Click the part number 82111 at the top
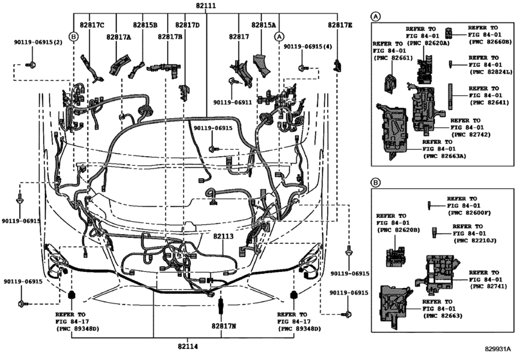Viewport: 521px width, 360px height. tap(206, 5)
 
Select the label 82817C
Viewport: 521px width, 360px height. tap(92, 25)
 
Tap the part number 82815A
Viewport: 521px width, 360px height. tap(263, 25)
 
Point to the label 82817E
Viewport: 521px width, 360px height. tap(340, 25)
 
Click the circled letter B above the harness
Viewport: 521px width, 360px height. tap(73, 36)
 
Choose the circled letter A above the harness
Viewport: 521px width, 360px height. tap(279, 36)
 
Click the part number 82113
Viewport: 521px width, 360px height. tap(224, 237)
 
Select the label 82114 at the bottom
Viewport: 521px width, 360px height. tap(188, 346)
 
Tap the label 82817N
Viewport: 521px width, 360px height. tap(224, 326)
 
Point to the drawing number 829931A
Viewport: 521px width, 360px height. tap(497, 349)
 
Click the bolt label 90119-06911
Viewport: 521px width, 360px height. tap(233, 103)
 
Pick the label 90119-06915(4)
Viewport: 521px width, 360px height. tap(308, 47)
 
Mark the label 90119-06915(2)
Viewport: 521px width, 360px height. tap(38, 42)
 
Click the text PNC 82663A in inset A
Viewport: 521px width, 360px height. tap(445, 156)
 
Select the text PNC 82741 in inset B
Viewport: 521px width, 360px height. tap(488, 286)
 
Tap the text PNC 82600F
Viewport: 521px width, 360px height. tap(469, 213)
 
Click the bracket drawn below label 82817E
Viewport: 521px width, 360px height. tap(337, 65)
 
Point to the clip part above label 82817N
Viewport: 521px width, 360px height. tap(220, 305)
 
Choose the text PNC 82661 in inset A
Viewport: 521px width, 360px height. tap(393, 58)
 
